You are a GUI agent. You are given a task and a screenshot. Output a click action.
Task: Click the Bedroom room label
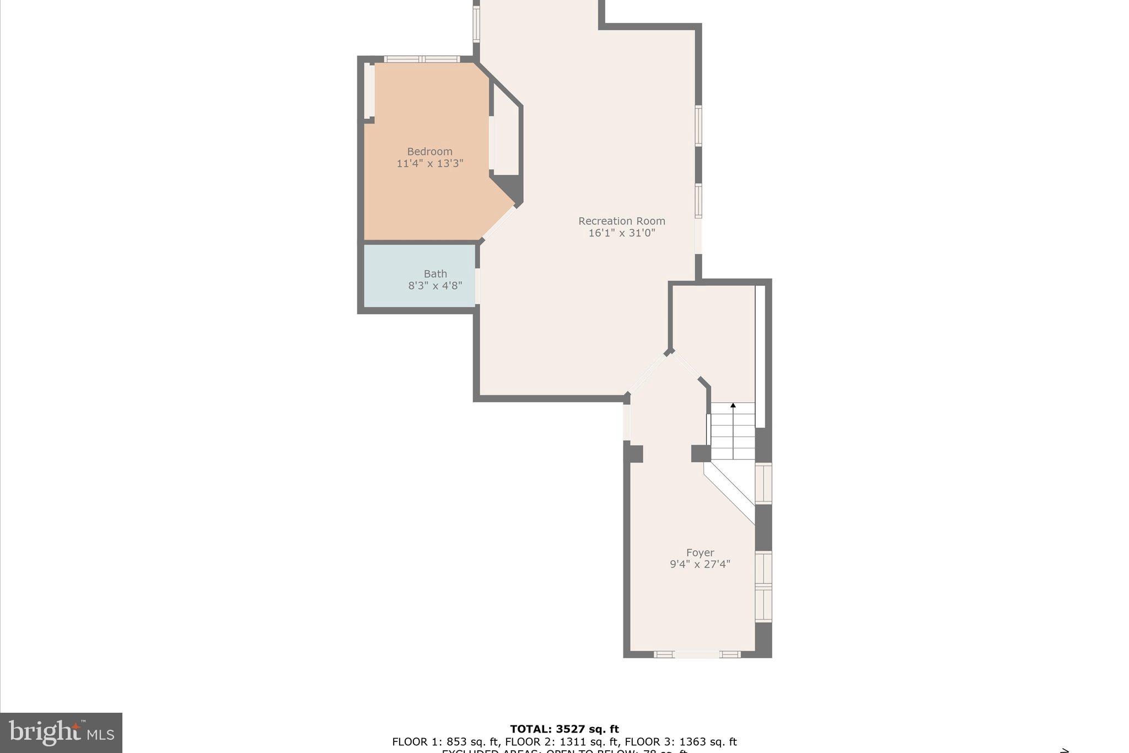[429, 151]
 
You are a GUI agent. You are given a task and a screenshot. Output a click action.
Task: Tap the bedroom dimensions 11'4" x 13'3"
[429, 163]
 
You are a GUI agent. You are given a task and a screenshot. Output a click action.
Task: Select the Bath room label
[435, 274]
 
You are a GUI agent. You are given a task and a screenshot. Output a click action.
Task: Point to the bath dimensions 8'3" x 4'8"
[435, 286]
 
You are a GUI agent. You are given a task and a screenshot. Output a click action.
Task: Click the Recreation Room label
[621, 221]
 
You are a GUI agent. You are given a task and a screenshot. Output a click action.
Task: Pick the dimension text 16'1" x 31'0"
[621, 233]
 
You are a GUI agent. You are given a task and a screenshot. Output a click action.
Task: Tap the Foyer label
[700, 552]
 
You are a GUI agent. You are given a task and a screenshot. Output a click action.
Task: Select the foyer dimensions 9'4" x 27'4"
[700, 564]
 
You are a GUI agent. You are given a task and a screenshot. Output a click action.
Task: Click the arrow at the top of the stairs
[733, 405]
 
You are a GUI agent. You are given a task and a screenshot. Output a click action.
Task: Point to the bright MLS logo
[61, 733]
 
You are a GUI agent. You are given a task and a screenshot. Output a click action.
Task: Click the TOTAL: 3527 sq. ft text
[564, 729]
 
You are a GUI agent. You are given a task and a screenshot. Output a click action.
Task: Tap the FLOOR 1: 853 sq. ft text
[444, 742]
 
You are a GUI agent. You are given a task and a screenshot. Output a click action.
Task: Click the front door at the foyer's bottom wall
[697, 655]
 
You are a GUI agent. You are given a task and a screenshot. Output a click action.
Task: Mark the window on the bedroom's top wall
[422, 59]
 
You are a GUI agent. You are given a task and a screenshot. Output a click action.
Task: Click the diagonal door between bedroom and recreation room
[499, 223]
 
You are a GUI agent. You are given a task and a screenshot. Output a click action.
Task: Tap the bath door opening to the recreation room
[477, 286]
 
